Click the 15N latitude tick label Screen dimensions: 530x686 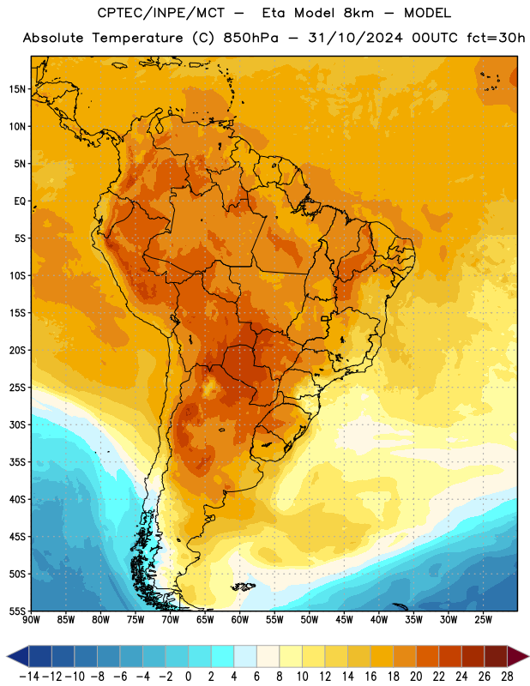click(x=17, y=89)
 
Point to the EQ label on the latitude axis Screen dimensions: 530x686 click(x=20, y=202)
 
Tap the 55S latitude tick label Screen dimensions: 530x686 click(x=17, y=611)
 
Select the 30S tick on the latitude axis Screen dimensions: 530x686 click(x=17, y=424)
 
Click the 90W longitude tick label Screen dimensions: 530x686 click(x=31, y=620)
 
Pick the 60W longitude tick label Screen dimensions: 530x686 click(x=240, y=620)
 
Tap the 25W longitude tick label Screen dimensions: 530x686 click(x=483, y=620)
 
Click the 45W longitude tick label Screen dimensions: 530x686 click(x=344, y=620)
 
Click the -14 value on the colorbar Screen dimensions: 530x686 click(x=29, y=677)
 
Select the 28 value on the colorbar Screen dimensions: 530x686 click(x=507, y=677)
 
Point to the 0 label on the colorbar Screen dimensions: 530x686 click(x=188, y=677)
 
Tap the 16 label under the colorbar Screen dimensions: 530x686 click(x=370, y=677)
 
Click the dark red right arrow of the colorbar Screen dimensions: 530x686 click(x=518, y=656)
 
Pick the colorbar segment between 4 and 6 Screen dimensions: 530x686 click(x=245, y=656)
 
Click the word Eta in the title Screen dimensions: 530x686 click(x=274, y=13)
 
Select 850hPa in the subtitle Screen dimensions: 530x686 click(x=250, y=38)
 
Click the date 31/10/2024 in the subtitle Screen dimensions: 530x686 click(x=355, y=38)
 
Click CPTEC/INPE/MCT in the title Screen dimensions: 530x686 click(x=161, y=13)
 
